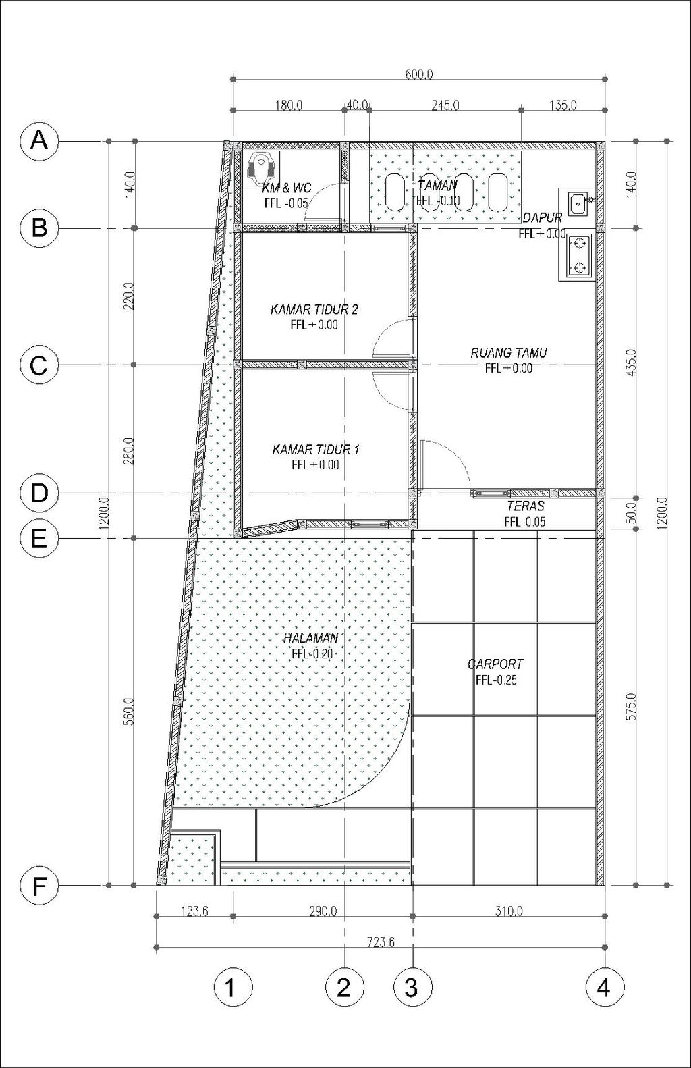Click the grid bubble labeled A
tap(39, 141)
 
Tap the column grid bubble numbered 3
tap(413, 986)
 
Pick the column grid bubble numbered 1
tap(233, 986)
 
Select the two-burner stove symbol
tap(580, 256)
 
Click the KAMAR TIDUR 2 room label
tap(314, 310)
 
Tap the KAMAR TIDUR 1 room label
tap(316, 450)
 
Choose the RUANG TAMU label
tap(509, 353)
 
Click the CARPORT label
tap(495, 664)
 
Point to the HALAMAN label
tap(310, 639)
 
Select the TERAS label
tap(525, 506)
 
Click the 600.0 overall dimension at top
tap(419, 74)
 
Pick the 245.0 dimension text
tap(445, 105)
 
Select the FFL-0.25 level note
tap(495, 680)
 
